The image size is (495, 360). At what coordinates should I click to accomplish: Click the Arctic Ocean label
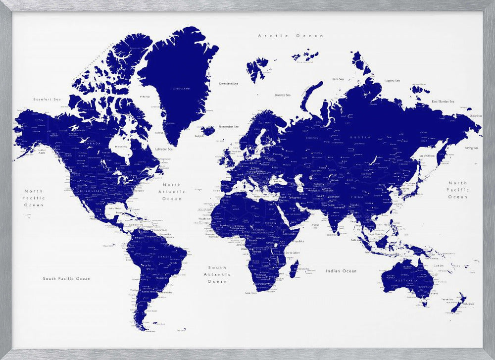point(291,36)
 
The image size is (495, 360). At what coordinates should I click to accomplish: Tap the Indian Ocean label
point(341,271)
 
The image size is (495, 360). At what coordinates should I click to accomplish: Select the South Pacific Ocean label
point(66,278)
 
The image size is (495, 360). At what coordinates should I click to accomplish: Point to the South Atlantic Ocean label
point(217,274)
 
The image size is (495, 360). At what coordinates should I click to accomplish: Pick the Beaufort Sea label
point(47,99)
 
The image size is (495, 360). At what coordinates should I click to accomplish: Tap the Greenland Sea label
point(228,84)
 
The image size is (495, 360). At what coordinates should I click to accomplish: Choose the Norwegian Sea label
point(229,126)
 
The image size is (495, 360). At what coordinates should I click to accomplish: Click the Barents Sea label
point(283,95)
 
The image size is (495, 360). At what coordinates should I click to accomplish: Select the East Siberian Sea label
point(443,102)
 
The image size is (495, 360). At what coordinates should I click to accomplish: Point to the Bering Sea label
point(471,148)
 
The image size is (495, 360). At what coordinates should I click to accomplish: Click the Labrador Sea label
point(164,149)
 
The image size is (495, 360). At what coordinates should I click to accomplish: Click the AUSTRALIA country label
point(408,280)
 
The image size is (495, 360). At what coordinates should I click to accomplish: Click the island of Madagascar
point(294,269)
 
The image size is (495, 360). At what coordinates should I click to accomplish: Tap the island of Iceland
point(208,131)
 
